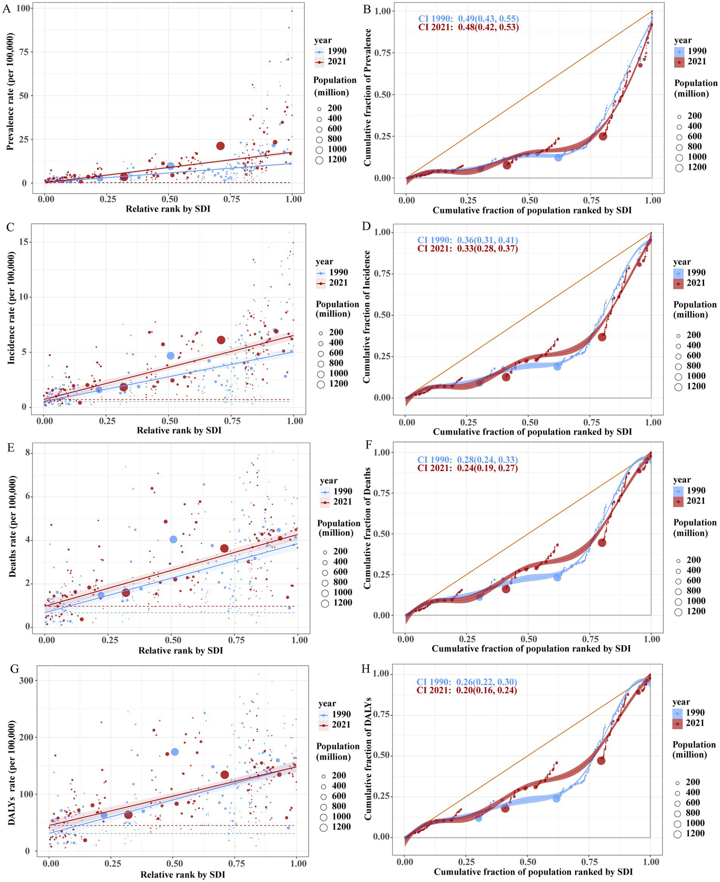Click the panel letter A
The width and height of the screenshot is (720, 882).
6,8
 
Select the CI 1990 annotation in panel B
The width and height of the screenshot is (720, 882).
468,19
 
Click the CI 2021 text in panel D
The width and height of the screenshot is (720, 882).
467,249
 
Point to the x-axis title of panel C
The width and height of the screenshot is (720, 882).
179,430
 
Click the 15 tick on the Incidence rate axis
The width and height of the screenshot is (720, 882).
23,242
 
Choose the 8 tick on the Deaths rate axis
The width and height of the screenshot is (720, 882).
28,453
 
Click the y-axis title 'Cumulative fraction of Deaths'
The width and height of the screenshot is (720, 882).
367,528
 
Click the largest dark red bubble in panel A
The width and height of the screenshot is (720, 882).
220,146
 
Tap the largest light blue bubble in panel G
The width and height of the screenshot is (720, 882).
175,752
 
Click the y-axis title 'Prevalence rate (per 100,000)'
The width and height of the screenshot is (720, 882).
10,91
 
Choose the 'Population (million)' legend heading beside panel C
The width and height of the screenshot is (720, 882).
337,309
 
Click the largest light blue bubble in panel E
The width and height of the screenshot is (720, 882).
174,540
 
